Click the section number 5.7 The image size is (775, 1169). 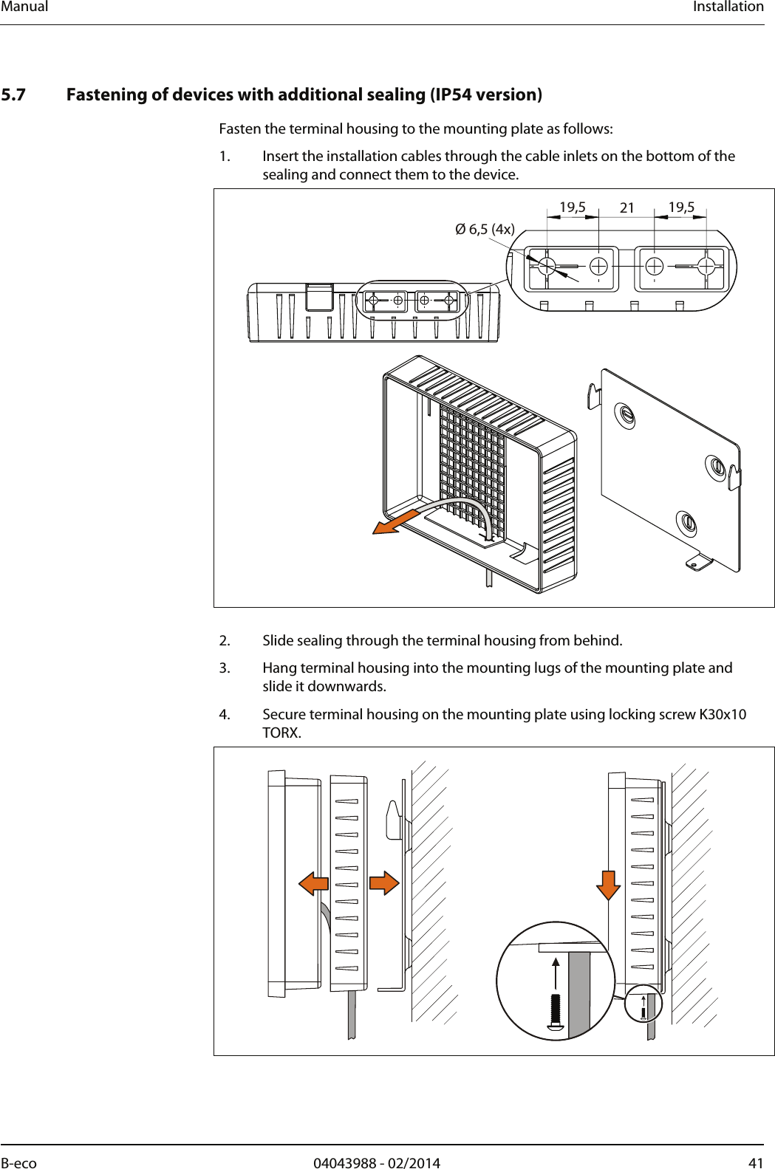click(13, 95)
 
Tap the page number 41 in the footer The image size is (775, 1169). click(756, 1163)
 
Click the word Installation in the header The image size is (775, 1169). click(728, 7)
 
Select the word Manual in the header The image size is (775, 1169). click(24, 7)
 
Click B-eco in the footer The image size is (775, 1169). click(18, 1163)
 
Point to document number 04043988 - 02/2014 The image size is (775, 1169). click(376, 1163)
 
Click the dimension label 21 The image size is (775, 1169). click(627, 208)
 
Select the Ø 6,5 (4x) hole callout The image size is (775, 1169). click(485, 229)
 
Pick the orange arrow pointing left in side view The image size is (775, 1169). click(314, 882)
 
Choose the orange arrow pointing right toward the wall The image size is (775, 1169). click(384, 882)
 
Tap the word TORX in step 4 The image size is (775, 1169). click(281, 733)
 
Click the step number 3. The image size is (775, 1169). click(225, 668)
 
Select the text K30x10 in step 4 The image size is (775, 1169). click(722, 714)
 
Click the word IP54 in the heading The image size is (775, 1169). click(452, 95)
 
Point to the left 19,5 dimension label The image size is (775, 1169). click(572, 208)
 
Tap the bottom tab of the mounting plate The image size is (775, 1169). click(697, 564)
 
